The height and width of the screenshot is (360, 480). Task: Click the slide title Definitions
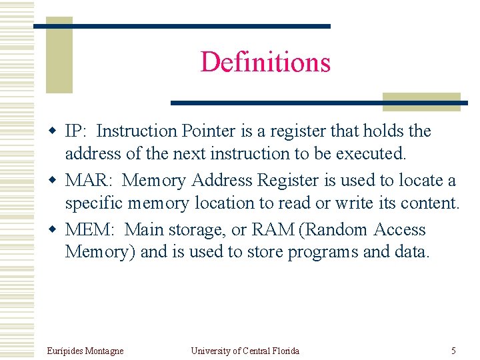(x=265, y=62)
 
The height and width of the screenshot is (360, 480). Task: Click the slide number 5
(x=453, y=351)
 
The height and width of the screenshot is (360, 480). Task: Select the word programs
(x=322, y=252)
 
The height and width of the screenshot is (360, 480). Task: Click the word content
(x=426, y=203)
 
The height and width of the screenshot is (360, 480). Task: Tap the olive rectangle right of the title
(x=421, y=101)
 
